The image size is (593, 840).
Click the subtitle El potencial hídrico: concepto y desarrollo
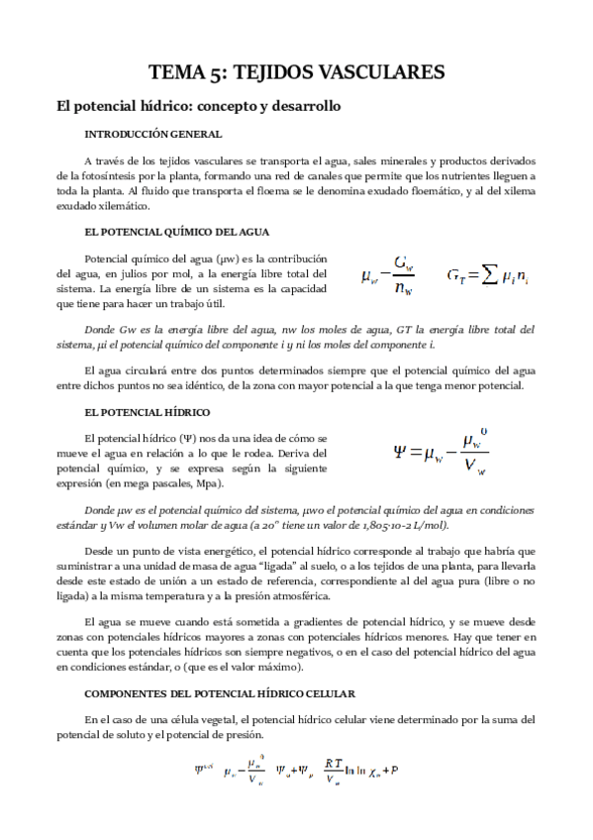tap(197, 105)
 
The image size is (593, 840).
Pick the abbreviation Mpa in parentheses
tap(209, 483)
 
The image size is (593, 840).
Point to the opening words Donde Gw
tap(105, 330)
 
